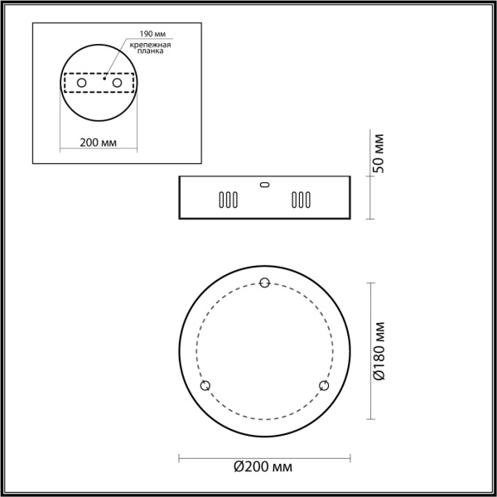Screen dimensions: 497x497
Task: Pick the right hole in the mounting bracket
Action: click(118, 84)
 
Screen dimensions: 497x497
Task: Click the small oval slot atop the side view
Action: click(265, 185)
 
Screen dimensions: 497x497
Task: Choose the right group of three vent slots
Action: click(300, 200)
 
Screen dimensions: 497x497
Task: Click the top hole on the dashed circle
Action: click(265, 283)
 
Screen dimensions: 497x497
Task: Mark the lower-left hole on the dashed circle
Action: click(206, 386)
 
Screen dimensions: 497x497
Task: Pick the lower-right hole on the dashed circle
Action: click(324, 386)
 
